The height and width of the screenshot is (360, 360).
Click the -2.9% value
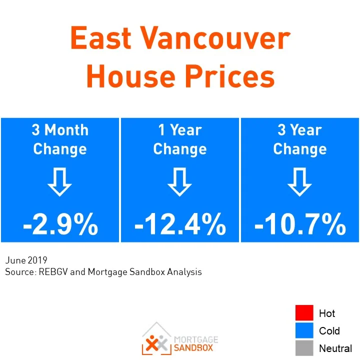(x=60, y=225)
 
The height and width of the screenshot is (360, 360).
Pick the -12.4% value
(x=180, y=225)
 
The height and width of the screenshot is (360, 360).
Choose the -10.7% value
(x=300, y=225)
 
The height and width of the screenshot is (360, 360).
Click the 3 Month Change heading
(x=60, y=139)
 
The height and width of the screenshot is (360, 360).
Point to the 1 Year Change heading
(x=180, y=139)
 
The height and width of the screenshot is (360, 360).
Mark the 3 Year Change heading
(x=300, y=139)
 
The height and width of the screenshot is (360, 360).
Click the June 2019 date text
(x=26, y=260)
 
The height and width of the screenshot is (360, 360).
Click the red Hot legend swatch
(x=304, y=313)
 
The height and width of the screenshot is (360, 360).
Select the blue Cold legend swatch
(x=304, y=330)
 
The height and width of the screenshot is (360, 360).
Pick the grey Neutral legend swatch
(x=304, y=347)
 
